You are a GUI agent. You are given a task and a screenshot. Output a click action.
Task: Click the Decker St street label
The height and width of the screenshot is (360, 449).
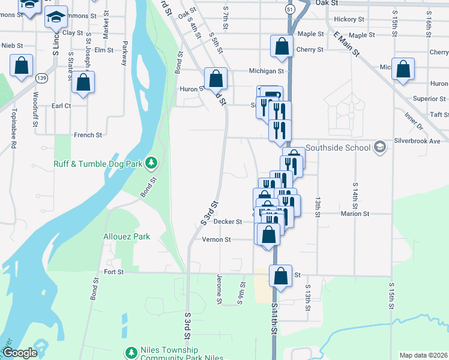(x=228, y=221)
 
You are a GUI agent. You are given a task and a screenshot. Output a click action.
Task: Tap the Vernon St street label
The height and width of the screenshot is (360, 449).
(x=216, y=239)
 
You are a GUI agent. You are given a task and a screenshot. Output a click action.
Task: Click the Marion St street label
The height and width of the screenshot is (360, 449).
(x=355, y=214)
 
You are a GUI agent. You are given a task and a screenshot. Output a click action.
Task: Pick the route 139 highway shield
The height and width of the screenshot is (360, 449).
(x=41, y=78)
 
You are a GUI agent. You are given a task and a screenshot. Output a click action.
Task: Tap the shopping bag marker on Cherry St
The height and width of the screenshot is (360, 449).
(x=282, y=46)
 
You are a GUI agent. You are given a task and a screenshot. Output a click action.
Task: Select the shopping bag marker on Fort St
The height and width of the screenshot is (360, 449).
(x=280, y=276)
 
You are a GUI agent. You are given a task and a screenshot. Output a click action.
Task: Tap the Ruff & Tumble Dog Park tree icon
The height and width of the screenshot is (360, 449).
(x=152, y=162)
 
